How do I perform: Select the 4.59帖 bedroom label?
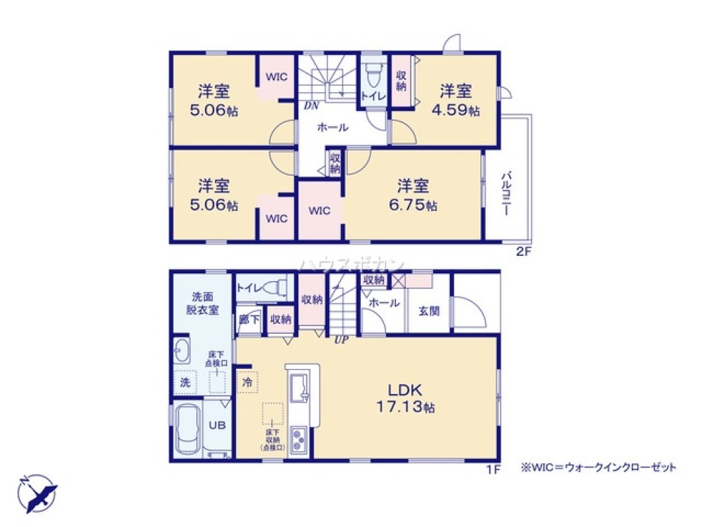[x=456, y=100]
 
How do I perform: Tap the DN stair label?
[x=312, y=106]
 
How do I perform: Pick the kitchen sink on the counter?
[x=298, y=387]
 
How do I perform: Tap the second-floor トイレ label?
[x=372, y=95]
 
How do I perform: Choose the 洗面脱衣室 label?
[x=201, y=302]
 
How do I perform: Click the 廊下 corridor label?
[x=249, y=319]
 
